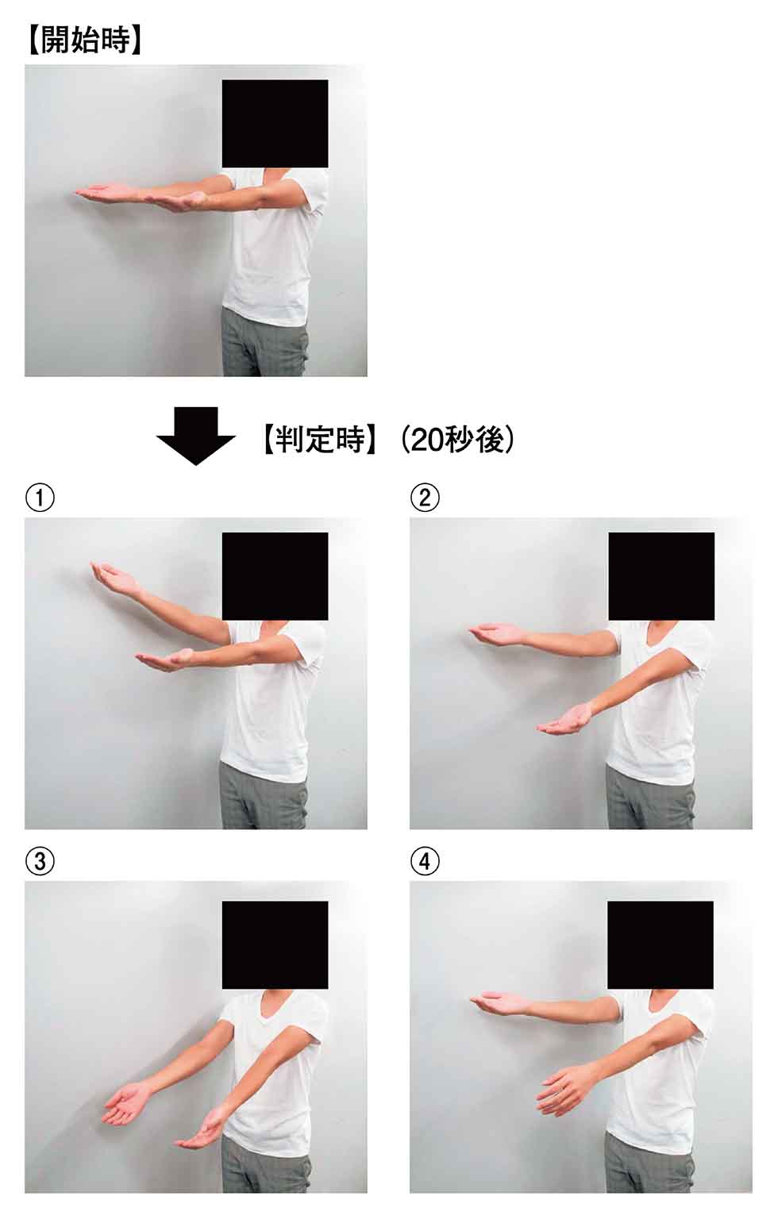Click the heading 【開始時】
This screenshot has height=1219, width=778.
[x=84, y=40]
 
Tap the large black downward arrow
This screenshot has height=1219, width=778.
[x=195, y=436]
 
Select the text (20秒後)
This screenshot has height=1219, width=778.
[x=457, y=439]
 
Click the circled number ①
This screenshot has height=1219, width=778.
[x=40, y=498]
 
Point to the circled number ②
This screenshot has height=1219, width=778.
[x=426, y=498]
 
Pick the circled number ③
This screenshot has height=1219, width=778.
[x=40, y=861]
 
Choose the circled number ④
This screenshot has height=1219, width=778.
[x=426, y=861]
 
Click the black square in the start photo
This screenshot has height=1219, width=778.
[x=275, y=124]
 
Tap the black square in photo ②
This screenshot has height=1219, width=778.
[x=661, y=576]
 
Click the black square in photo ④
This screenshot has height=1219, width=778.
[x=661, y=944]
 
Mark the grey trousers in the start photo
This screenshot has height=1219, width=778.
[x=264, y=342]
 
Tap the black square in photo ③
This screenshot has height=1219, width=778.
[x=275, y=944]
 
